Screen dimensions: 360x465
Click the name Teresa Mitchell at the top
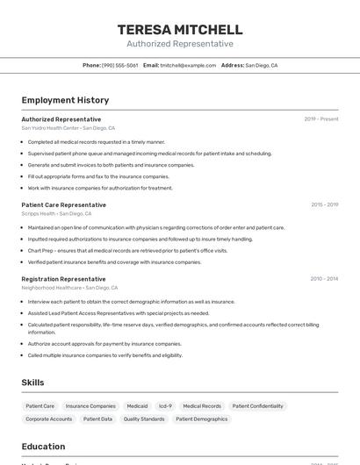[x=180, y=30]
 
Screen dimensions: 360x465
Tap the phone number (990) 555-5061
[x=119, y=65]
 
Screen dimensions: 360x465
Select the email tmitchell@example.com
[x=188, y=65]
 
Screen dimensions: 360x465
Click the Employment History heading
[x=65, y=100]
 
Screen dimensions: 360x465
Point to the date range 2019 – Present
[x=321, y=119]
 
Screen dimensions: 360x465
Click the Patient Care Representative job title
[x=63, y=204]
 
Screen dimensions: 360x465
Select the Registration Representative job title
[x=64, y=279]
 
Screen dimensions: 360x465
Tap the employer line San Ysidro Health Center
[x=68, y=128]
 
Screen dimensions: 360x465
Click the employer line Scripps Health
[x=56, y=213]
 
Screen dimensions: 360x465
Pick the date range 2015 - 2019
[x=324, y=204]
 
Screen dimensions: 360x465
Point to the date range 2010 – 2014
[x=324, y=279]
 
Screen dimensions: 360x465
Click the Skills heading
[x=33, y=383]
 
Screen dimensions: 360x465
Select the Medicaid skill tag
[x=137, y=406]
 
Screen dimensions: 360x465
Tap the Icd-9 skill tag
[x=165, y=406]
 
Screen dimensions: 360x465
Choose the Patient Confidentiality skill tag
[x=258, y=406]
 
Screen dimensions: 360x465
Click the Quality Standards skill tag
[x=144, y=419]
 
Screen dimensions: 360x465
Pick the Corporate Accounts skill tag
[x=49, y=419]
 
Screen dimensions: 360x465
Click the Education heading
[x=43, y=446]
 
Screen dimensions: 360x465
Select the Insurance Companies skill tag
[x=90, y=406]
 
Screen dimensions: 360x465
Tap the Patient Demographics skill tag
[x=202, y=419]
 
